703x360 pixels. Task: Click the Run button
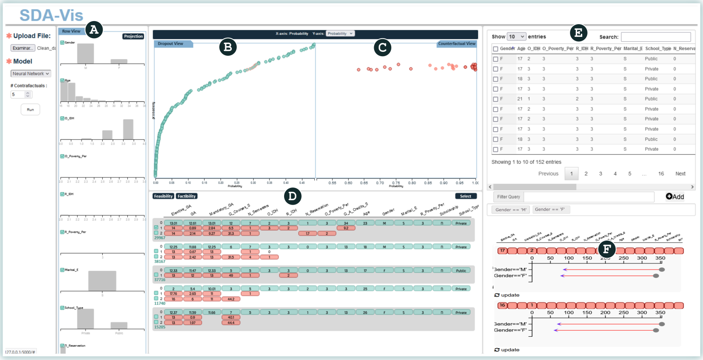[30, 109]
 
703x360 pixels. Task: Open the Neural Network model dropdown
[31, 74]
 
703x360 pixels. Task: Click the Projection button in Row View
[133, 36]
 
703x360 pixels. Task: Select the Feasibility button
[163, 196]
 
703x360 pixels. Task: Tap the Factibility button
[187, 196]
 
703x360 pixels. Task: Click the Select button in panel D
[465, 196]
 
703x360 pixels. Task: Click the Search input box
[656, 37]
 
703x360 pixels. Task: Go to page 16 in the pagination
[661, 174]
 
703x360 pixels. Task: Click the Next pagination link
[680, 174]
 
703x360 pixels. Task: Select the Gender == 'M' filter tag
[511, 210]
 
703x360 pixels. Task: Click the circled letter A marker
[94, 29]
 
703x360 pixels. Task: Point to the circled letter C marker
[382, 47]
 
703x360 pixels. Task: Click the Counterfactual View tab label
[457, 44]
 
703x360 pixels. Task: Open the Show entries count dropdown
[516, 37]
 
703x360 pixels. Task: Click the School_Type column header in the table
[658, 49]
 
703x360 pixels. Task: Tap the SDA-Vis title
[51, 15]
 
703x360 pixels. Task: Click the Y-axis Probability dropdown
[340, 33]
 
